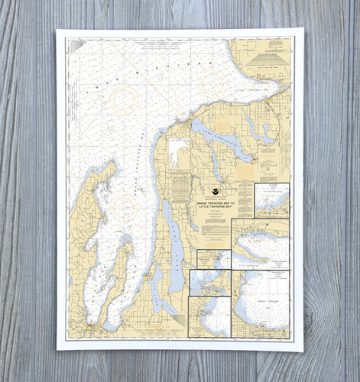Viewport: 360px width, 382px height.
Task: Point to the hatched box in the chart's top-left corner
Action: pos(76,46)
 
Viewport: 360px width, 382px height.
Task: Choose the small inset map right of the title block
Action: pos(272,200)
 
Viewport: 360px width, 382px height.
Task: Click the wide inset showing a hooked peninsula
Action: pos(261,243)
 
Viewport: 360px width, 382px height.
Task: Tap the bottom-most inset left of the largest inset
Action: pos(209,316)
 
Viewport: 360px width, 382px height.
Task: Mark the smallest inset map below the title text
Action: pos(213,259)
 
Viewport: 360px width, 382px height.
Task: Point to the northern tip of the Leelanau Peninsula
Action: pos(113,163)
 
